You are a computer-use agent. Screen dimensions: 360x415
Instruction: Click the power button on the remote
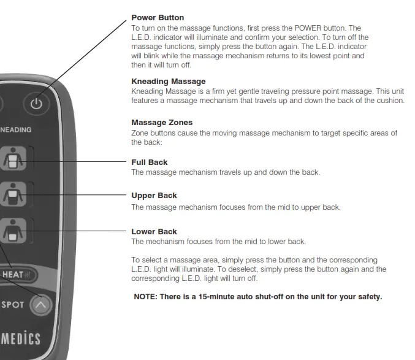pyautogui.click(x=37, y=104)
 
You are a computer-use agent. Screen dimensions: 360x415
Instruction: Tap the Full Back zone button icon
pyautogui.click(x=12, y=161)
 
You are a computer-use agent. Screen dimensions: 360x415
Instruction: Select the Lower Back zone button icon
pyautogui.click(x=12, y=231)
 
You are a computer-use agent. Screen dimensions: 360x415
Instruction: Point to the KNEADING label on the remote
pyautogui.click(x=16, y=130)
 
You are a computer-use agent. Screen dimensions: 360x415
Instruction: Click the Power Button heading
pyautogui.click(x=158, y=18)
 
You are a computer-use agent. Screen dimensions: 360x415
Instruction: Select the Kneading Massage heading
pyautogui.click(x=169, y=81)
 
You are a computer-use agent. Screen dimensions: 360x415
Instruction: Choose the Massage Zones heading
pyautogui.click(x=162, y=123)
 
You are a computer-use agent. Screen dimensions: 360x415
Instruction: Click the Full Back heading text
pyautogui.click(x=150, y=163)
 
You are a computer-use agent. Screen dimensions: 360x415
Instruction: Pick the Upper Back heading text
pyautogui.click(x=154, y=196)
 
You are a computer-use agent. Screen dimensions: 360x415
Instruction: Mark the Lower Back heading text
pyautogui.click(x=154, y=232)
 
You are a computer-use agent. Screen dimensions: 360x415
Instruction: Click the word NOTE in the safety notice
pyautogui.click(x=145, y=297)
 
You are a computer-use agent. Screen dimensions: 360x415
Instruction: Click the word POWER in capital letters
pyautogui.click(x=313, y=28)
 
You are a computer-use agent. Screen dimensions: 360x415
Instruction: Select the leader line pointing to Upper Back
pyautogui.click(x=80, y=195)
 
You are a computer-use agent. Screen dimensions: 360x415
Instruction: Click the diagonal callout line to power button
pyautogui.click(x=86, y=55)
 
